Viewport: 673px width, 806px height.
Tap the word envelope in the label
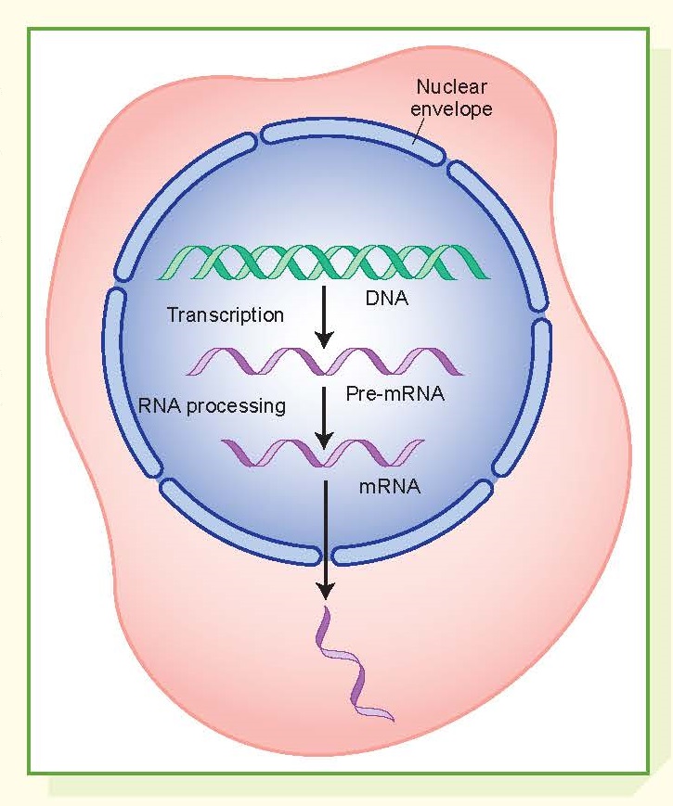point(454,109)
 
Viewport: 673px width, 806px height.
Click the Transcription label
point(225,315)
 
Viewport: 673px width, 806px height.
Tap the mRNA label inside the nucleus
point(389,484)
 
